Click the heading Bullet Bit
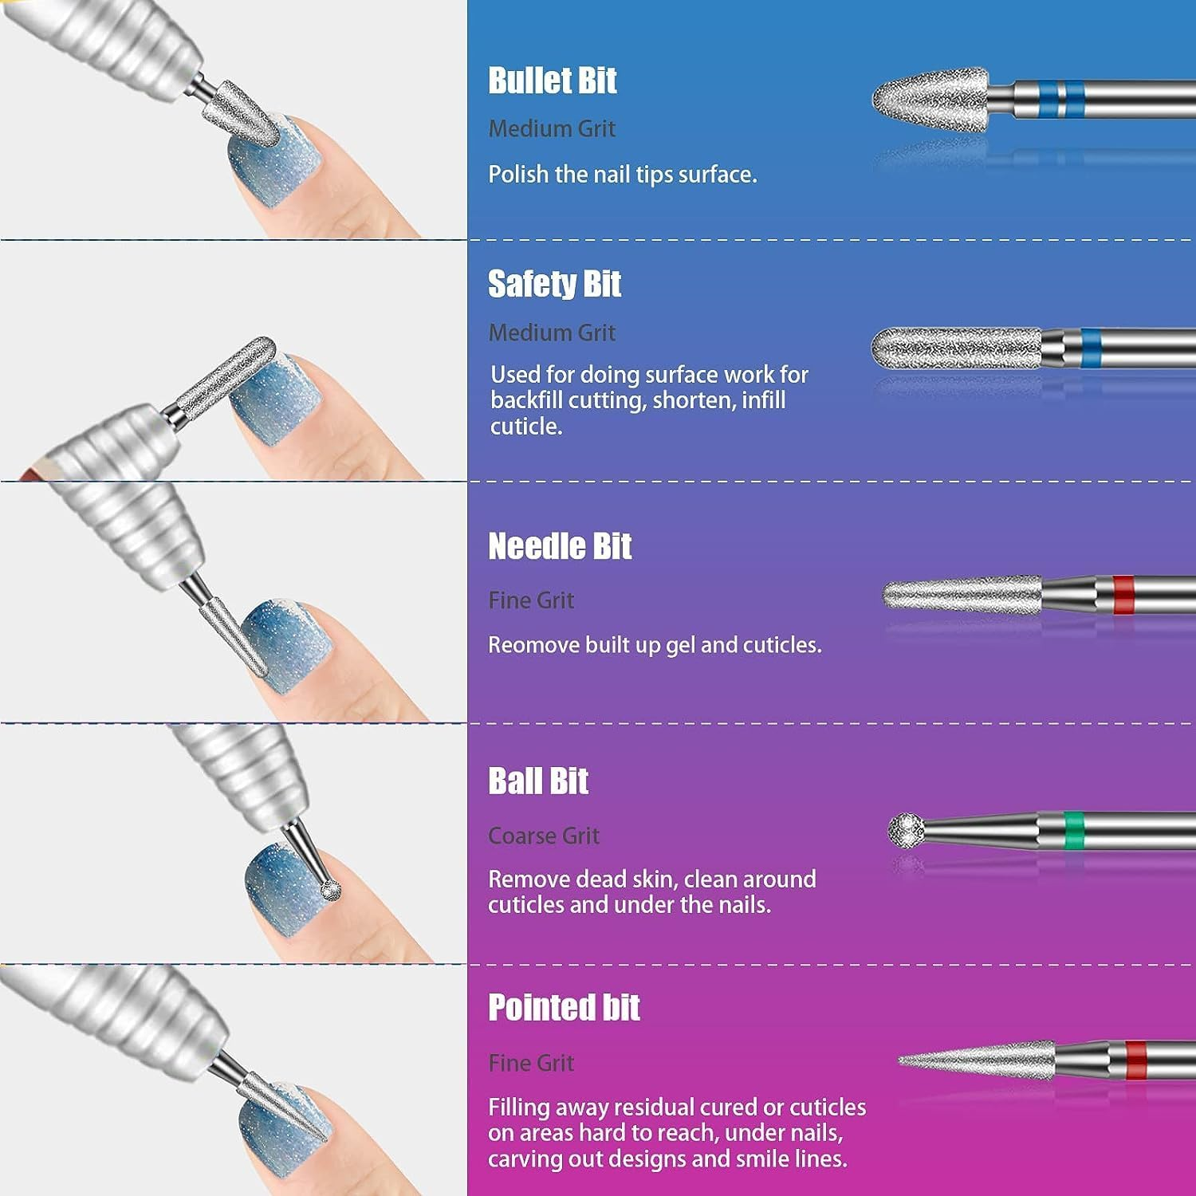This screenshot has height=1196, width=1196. coord(552,81)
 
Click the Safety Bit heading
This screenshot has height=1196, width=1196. coord(554,284)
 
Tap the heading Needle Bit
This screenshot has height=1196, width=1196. coord(560,547)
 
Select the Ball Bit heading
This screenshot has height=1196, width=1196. coord(538,781)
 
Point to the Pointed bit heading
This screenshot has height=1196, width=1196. coord(564,1008)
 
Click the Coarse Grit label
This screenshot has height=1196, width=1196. coord(543,836)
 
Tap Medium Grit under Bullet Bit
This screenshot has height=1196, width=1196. coord(552,128)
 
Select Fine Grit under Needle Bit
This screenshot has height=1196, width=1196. coord(531,600)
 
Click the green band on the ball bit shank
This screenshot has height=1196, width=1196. coord(1074,829)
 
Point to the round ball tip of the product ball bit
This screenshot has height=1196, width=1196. coord(906,830)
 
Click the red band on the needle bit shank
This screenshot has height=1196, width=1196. coord(1123,595)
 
